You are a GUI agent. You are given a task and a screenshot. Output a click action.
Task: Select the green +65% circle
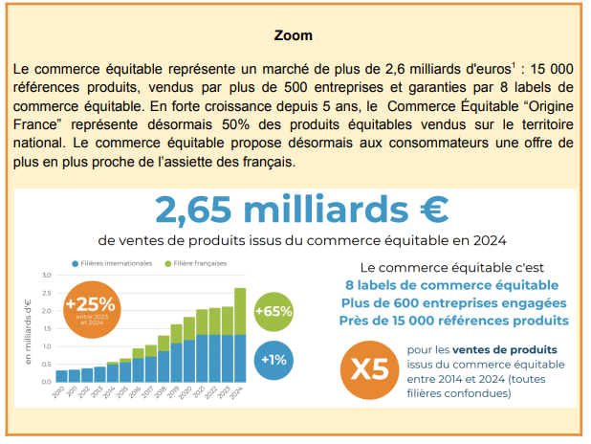pyautogui.click(x=274, y=312)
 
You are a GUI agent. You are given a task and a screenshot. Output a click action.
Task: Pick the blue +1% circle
pyautogui.click(x=274, y=360)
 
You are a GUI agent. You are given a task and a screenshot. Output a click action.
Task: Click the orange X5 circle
pyautogui.click(x=371, y=368)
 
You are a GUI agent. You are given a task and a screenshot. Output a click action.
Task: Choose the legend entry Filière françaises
pyautogui.click(x=200, y=263)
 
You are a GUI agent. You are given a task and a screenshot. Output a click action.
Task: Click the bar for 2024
pyautogui.click(x=239, y=335)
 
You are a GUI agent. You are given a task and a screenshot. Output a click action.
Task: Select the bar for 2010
pyautogui.click(x=61, y=375)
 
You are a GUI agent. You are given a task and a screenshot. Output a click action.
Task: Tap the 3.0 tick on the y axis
pyautogui.click(x=45, y=276)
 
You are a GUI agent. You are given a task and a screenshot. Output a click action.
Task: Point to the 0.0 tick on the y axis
pyautogui.click(x=45, y=382)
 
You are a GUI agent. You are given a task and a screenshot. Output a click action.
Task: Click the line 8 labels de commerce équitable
pyautogui.click(x=451, y=285)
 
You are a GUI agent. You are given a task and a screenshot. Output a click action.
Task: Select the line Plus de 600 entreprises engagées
pyautogui.click(x=451, y=302)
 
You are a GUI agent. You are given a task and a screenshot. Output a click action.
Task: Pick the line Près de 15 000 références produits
pyautogui.click(x=451, y=320)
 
